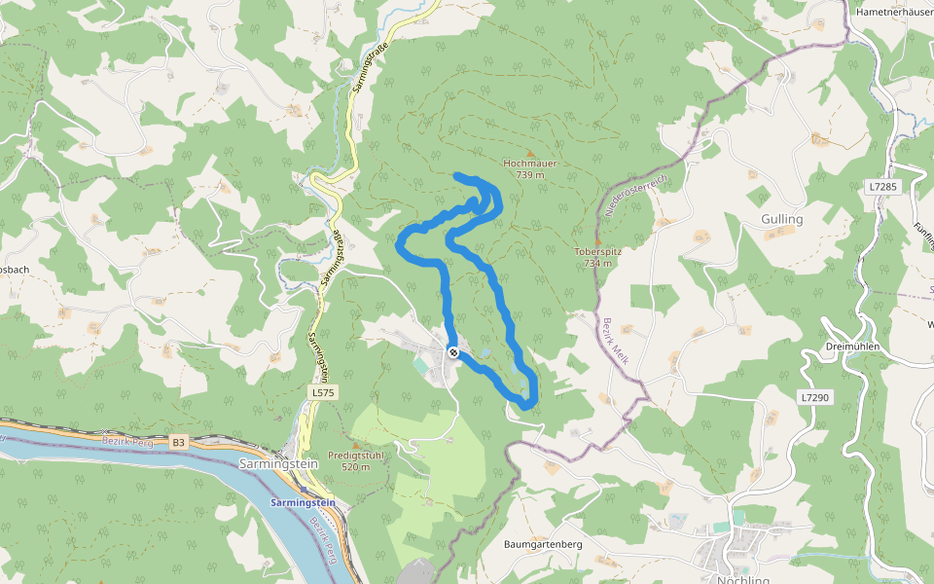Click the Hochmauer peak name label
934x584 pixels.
(x=530, y=164)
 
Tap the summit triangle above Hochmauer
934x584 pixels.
(x=530, y=153)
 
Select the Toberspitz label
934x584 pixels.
(x=597, y=251)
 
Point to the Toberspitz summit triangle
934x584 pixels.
(x=597, y=240)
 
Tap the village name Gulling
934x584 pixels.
(x=782, y=219)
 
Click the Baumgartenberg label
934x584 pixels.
(x=543, y=544)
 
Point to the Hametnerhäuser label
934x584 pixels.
(x=893, y=13)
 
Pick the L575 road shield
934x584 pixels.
(x=323, y=391)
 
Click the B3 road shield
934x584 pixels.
(x=178, y=443)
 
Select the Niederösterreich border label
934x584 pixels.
(x=635, y=196)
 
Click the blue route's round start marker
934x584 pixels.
(x=453, y=352)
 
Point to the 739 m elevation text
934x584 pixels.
(x=530, y=174)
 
